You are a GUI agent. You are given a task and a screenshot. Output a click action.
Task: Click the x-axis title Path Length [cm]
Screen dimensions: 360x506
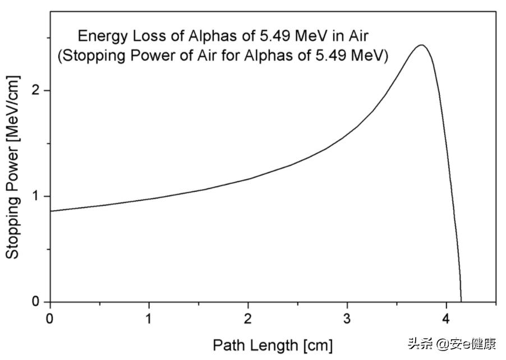(x=273, y=344)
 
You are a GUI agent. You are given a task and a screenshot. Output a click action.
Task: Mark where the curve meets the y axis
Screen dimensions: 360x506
(x=50, y=211)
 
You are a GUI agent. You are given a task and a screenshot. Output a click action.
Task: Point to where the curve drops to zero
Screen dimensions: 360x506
(x=461, y=301)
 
